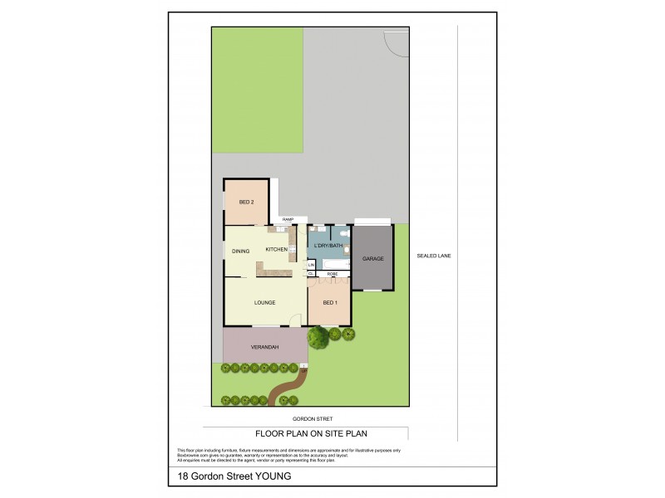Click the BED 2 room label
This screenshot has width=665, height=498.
coord(246,203)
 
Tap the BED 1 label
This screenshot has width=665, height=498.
coord(329,302)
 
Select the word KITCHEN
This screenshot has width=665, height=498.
coord(276,250)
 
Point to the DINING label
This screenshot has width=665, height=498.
coord(241,251)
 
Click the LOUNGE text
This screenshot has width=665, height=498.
coord(264,302)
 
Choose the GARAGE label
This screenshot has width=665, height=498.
coord(373,259)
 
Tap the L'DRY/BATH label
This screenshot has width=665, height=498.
coord(330,247)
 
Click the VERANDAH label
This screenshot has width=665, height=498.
coord(264,346)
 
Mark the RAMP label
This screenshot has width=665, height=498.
coord(288,219)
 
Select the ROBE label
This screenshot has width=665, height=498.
coord(332,273)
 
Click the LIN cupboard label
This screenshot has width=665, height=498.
coord(311,265)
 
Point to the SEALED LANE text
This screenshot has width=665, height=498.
coord(433,256)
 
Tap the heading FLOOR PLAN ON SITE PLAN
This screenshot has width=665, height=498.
coord(311,432)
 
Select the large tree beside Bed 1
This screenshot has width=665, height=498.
coord(318,337)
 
